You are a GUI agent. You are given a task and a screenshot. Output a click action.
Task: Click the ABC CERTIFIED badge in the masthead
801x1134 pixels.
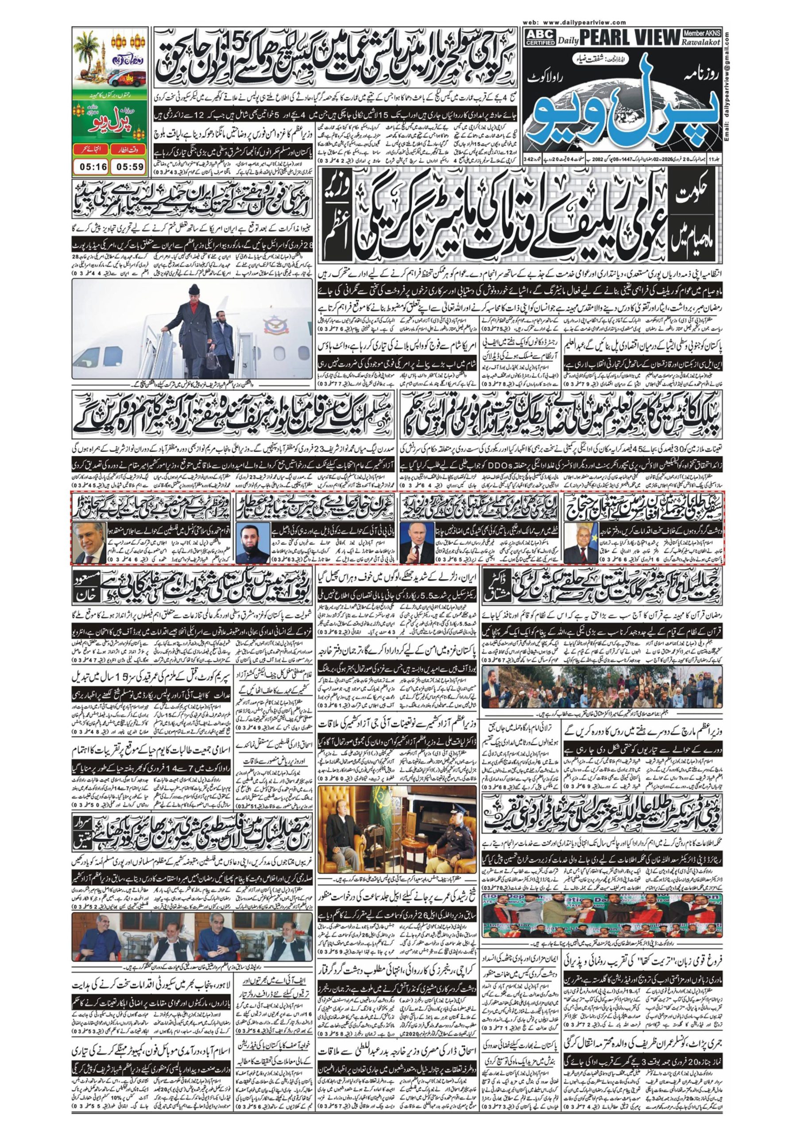539,38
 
